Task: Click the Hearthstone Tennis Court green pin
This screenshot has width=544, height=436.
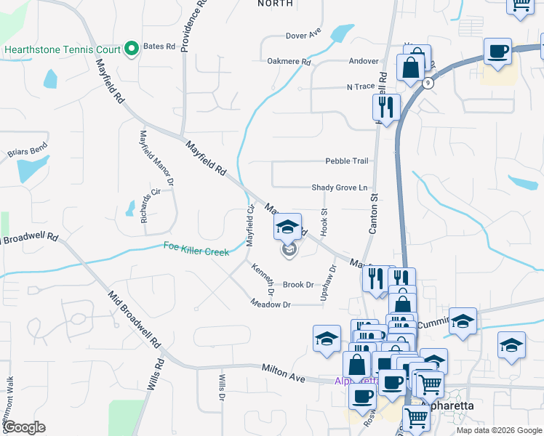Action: click(132, 49)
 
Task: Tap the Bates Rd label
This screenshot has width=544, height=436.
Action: click(159, 47)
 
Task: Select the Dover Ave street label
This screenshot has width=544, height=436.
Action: click(303, 35)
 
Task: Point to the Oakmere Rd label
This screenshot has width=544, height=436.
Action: click(289, 62)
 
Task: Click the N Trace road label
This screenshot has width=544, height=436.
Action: click(360, 86)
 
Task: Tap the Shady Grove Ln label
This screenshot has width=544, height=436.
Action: click(340, 187)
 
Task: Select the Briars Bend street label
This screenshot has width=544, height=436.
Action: click(28, 150)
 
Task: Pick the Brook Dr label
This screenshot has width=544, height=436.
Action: click(298, 285)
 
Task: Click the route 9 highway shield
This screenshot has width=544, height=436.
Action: click(429, 84)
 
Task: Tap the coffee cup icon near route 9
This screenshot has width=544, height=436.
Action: click(497, 52)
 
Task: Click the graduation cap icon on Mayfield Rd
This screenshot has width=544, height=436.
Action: click(287, 226)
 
